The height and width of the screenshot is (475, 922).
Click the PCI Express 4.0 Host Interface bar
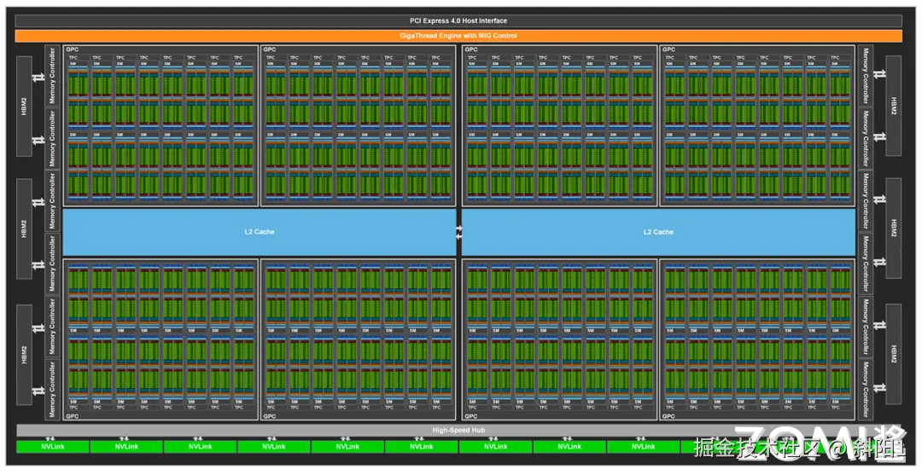click(x=458, y=20)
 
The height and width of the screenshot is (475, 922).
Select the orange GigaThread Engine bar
click(x=458, y=36)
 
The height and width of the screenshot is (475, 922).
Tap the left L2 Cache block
click(x=259, y=232)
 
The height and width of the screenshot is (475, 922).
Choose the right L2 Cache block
click(x=658, y=232)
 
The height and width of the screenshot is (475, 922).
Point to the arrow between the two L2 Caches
click(x=458, y=232)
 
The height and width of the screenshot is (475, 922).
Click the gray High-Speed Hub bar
click(x=458, y=430)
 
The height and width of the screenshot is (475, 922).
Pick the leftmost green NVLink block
click(x=52, y=446)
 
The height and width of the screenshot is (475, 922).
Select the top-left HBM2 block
click(x=24, y=106)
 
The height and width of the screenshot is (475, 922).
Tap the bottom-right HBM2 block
click(x=894, y=353)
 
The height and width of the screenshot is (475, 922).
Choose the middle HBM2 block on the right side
click(x=894, y=229)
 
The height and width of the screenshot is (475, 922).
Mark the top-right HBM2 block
click(x=894, y=106)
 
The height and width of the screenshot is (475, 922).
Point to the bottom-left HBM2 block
click(x=24, y=353)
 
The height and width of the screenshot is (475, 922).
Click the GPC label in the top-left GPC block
click(x=72, y=49)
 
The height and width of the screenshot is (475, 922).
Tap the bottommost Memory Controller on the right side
click(x=865, y=389)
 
